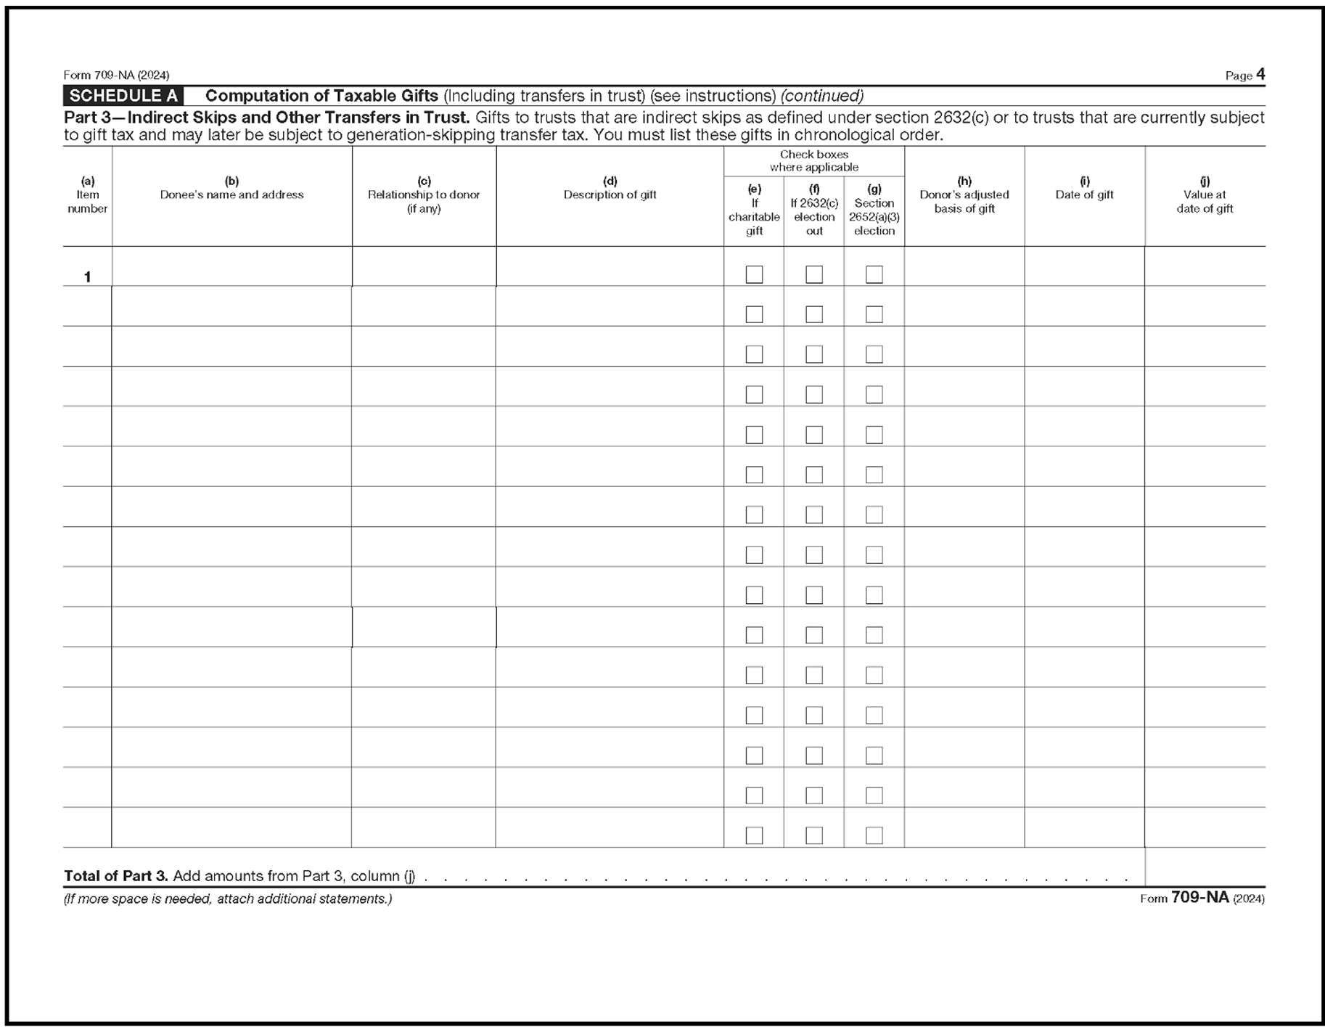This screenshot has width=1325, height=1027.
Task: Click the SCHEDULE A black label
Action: [123, 96]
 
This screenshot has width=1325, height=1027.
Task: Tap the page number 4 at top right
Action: [1260, 75]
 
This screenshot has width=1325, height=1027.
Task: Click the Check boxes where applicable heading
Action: [813, 160]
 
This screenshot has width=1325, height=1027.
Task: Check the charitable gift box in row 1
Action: [754, 274]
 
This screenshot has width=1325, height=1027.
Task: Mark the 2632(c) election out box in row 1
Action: [814, 274]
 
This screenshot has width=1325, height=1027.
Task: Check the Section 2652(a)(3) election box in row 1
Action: [874, 274]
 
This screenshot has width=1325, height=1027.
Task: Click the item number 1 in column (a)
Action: [87, 277]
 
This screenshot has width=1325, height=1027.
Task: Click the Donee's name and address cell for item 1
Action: [231, 266]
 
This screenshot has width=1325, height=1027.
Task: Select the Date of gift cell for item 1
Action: [1084, 266]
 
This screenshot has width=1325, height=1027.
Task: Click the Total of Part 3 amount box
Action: [1205, 867]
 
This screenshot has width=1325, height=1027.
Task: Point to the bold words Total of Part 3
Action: [116, 876]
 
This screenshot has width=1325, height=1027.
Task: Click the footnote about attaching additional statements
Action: [228, 899]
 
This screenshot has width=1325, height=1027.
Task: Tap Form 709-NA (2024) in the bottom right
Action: [1202, 898]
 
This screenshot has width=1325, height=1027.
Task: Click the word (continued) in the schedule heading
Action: [821, 96]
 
